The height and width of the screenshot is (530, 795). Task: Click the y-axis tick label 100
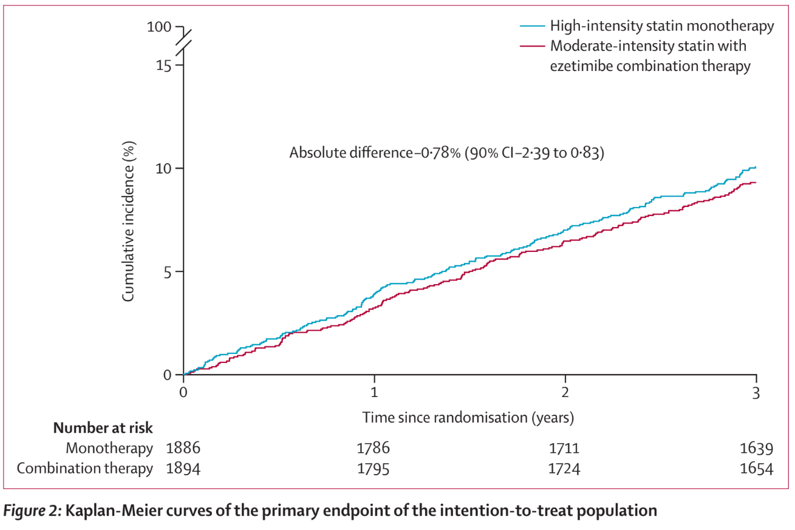click(x=159, y=27)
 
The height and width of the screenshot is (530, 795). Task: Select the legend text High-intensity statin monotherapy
click(x=662, y=26)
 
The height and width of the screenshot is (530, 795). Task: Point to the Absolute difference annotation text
click(x=446, y=153)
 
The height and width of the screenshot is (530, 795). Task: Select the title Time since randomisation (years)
click(x=468, y=418)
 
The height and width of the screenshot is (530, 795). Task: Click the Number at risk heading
click(x=103, y=428)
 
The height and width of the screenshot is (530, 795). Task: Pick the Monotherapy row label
click(x=109, y=449)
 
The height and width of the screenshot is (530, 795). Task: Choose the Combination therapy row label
click(x=85, y=469)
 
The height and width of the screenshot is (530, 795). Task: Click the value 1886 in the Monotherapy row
click(x=183, y=449)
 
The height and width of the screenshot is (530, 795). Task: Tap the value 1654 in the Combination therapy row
click(x=756, y=469)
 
